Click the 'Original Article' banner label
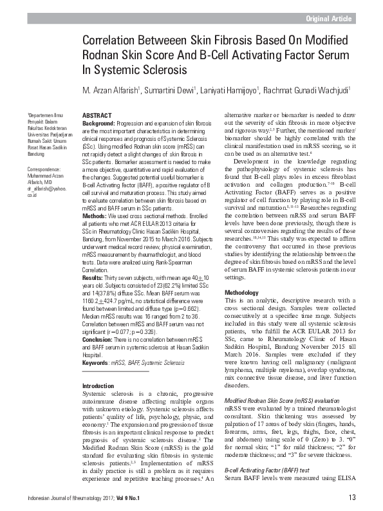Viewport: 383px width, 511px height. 329,19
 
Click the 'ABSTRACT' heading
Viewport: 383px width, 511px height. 98,115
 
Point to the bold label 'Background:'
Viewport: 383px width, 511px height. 100,122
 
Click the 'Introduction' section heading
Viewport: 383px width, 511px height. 98,386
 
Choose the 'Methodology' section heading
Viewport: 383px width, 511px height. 241,292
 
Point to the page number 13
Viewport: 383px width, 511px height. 351,497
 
